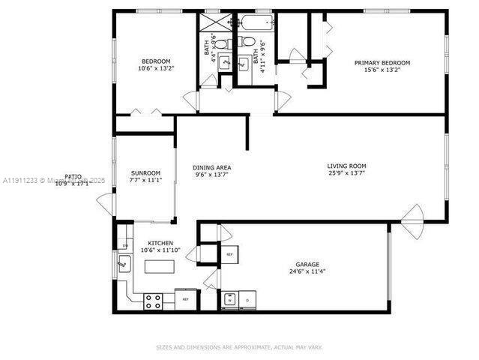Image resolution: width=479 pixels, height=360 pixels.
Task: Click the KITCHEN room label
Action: coord(160,244)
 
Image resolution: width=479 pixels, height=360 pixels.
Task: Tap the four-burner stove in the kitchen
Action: coord(153,301)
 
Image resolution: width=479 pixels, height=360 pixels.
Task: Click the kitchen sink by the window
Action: coord(124,264)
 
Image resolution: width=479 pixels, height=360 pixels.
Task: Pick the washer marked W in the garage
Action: coord(230,300)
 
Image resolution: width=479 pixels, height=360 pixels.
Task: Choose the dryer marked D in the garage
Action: coord(247,300)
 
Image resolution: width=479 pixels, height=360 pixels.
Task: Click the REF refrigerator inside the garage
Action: coord(229,254)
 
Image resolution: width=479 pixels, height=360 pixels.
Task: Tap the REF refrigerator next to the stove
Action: coord(185,299)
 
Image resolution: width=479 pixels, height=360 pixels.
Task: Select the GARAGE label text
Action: coord(307,265)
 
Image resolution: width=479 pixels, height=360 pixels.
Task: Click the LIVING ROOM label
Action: coord(346,166)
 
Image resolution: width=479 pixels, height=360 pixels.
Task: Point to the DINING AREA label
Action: coord(211,167)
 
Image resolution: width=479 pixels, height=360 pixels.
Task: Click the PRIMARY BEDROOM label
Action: coord(382,62)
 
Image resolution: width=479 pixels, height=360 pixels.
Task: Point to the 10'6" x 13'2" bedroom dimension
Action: coord(155,68)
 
